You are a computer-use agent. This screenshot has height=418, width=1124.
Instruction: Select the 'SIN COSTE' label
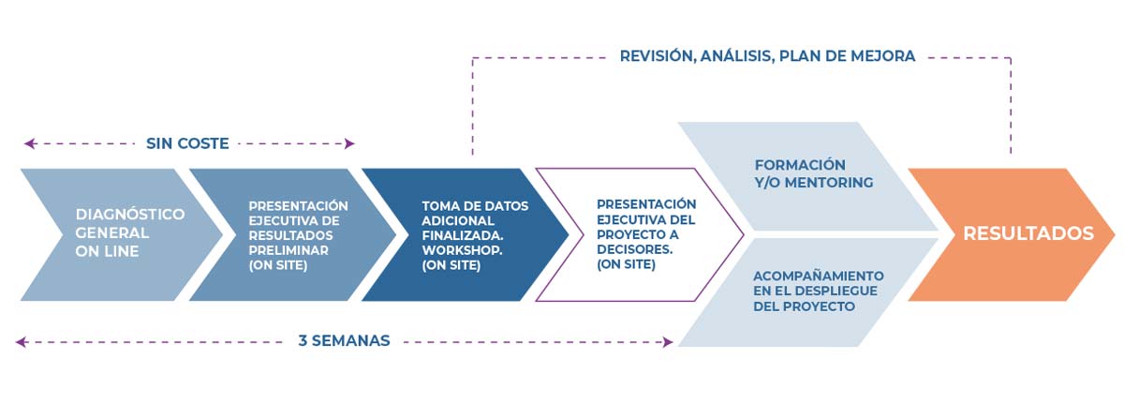(187, 143)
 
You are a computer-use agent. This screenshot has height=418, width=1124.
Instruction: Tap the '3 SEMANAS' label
(344, 341)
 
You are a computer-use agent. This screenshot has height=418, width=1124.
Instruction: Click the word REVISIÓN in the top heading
(658, 55)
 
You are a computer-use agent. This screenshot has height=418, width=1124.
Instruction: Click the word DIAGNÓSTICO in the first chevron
(130, 215)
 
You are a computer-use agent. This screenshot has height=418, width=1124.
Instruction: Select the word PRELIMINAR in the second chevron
(288, 250)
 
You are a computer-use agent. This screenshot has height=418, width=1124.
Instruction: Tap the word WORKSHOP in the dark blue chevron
(462, 250)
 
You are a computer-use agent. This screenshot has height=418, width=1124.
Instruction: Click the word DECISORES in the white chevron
(634, 249)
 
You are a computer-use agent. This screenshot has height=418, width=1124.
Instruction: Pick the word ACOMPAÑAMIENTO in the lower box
(818, 276)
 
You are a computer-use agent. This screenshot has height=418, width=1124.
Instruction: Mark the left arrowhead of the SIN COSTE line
(29, 143)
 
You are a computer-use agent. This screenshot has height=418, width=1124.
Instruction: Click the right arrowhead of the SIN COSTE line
(349, 143)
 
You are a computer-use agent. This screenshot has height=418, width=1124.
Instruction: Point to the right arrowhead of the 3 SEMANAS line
(668, 342)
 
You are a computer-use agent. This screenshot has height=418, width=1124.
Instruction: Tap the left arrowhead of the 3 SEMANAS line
(21, 342)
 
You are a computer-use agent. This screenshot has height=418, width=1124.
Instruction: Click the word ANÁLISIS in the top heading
(736, 55)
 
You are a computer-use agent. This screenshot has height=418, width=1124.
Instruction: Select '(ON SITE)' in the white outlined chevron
(626, 264)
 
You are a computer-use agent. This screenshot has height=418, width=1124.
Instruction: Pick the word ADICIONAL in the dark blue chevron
(458, 221)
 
